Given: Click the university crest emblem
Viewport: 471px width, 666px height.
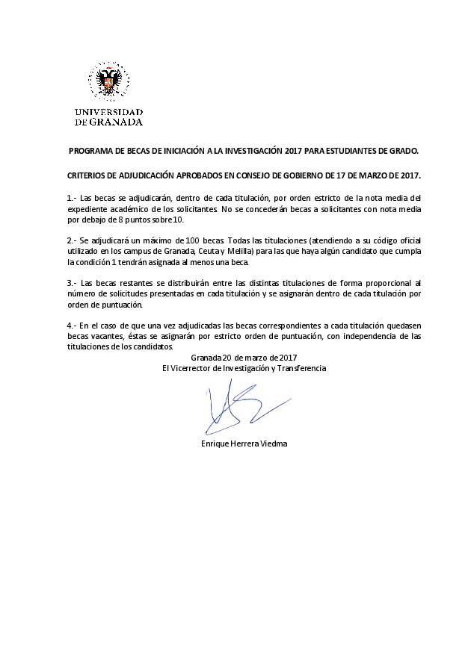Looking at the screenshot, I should pyautogui.click(x=108, y=83).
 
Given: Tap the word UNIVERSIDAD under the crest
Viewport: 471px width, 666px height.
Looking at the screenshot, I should pyautogui.click(x=108, y=112).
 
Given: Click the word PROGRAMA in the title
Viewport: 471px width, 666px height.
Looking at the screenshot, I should pyautogui.click(x=89, y=150).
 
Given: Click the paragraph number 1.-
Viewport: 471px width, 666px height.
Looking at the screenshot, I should pyautogui.click(x=73, y=197).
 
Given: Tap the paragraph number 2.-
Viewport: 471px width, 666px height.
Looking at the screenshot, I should pyautogui.click(x=73, y=240).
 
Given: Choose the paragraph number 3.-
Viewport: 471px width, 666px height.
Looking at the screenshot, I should pyautogui.click(x=73, y=283).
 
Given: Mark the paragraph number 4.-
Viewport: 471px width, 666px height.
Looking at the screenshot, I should pyautogui.click(x=73, y=326).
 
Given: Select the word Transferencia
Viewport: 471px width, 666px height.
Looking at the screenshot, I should pyautogui.click(x=302, y=369).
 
